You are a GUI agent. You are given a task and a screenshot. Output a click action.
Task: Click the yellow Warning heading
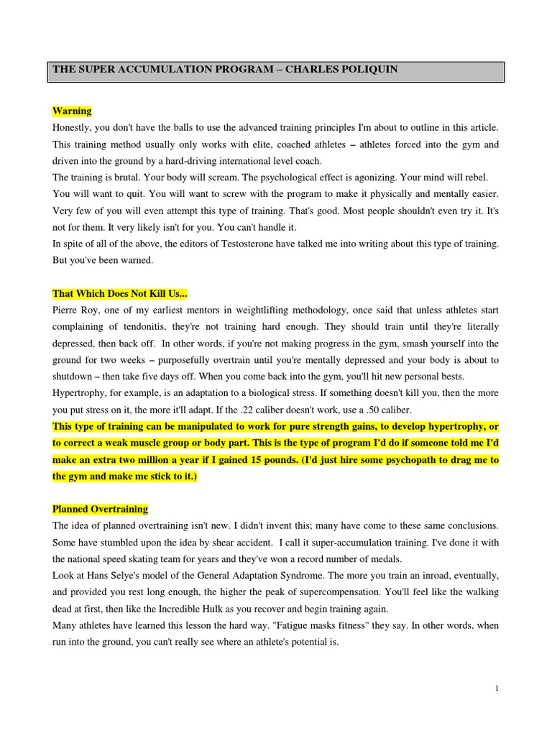pyautogui.click(x=72, y=111)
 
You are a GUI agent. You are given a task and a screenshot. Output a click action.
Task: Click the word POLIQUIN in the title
pyautogui.click(x=366, y=70)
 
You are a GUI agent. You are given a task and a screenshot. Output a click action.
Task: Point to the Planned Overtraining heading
pyautogui.click(x=100, y=509)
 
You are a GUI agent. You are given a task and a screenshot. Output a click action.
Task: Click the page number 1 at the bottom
pyautogui.click(x=497, y=688)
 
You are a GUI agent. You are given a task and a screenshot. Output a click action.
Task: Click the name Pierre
pyautogui.click(x=67, y=310)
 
